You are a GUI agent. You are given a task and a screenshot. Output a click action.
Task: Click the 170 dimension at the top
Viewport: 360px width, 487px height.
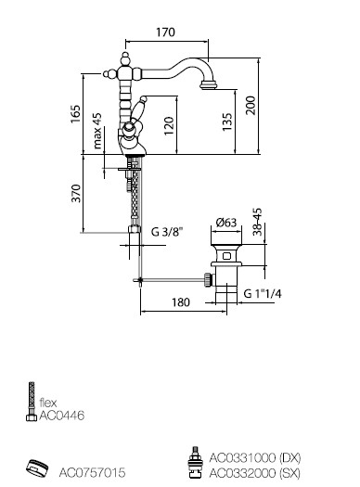(165, 32)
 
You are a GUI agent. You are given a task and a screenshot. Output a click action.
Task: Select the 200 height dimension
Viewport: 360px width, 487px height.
(251, 106)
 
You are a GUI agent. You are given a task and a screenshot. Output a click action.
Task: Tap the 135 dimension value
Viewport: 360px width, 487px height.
(227, 122)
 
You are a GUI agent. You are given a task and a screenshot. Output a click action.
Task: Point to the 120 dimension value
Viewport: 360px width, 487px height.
(169, 125)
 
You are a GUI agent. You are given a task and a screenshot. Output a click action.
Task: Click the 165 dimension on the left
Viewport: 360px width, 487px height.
(75, 114)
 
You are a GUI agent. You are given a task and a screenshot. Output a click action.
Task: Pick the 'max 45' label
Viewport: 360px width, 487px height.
(96, 131)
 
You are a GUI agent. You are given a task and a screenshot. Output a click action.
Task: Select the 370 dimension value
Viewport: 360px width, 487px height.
(76, 193)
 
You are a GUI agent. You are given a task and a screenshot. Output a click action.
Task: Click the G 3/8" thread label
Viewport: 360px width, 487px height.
(166, 231)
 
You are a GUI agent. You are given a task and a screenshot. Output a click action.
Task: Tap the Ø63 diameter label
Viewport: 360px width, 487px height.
(226, 223)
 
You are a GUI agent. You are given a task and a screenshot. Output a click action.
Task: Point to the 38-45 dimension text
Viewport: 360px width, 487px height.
(258, 222)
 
